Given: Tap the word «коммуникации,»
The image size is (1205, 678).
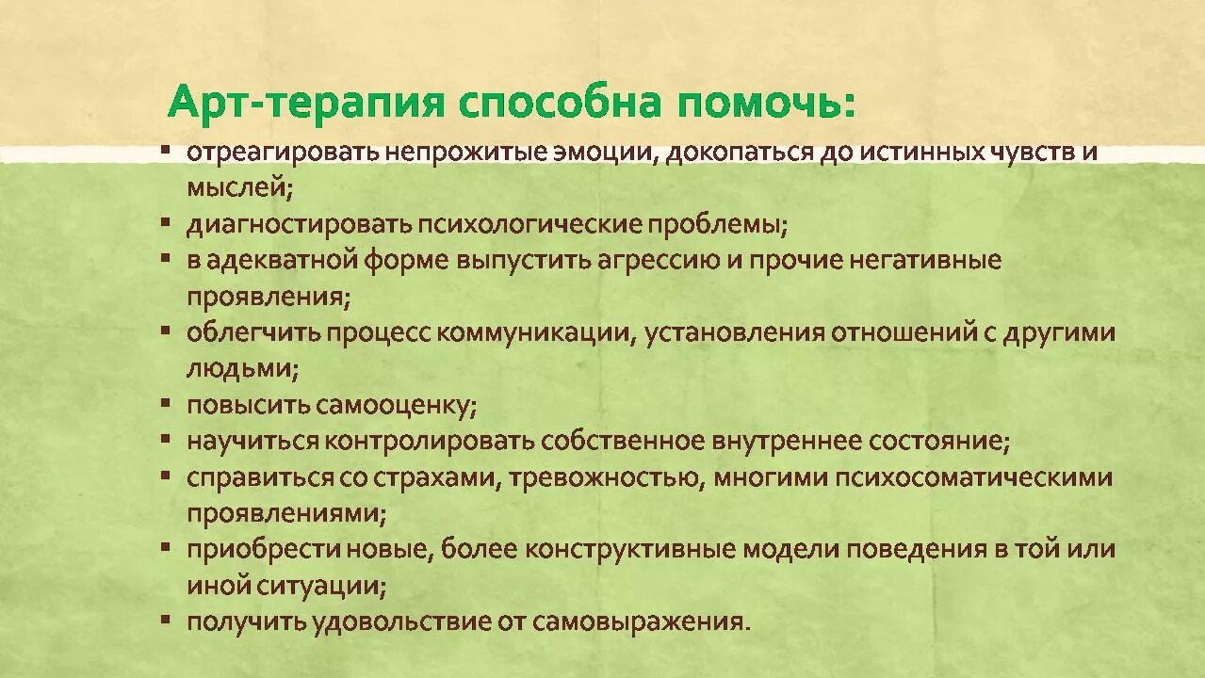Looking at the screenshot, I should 538,332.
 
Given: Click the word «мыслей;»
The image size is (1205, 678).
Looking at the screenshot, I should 240,187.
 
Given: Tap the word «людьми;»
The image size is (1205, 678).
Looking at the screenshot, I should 242,369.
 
